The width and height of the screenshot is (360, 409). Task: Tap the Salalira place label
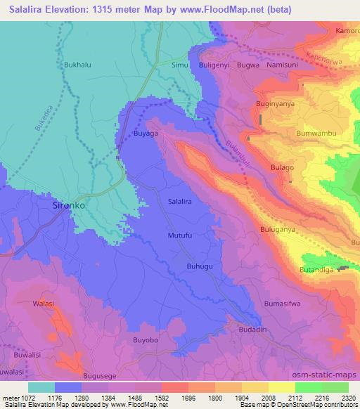click(181, 201)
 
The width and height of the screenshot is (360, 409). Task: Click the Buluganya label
click(286, 229)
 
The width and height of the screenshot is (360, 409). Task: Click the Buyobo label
click(146, 339)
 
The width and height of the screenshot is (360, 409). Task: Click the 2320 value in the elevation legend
click(346, 398)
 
